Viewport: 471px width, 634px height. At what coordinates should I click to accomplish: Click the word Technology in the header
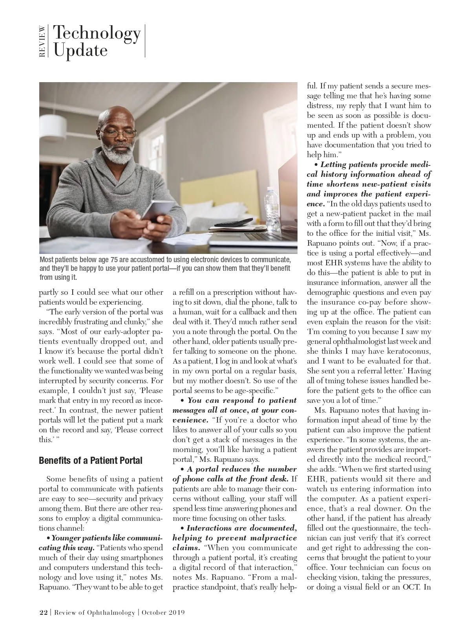[x=97, y=34]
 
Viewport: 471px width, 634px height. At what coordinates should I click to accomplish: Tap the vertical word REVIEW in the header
[x=42, y=41]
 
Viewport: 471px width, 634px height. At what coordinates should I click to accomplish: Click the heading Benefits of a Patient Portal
[x=90, y=460]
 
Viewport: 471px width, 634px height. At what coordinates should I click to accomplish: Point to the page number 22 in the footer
[x=43, y=613]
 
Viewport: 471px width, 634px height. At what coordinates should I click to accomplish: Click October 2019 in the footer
[x=163, y=613]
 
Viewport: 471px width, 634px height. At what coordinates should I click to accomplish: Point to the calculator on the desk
[x=234, y=222]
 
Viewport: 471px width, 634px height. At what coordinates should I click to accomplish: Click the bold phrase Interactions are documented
[x=241, y=528]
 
